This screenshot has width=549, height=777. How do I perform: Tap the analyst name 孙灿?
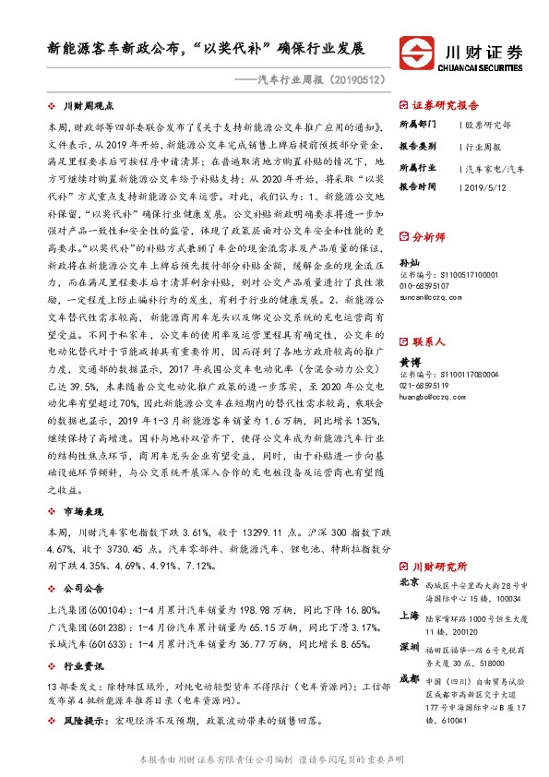click(x=409, y=264)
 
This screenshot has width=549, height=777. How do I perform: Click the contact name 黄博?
click(x=409, y=364)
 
